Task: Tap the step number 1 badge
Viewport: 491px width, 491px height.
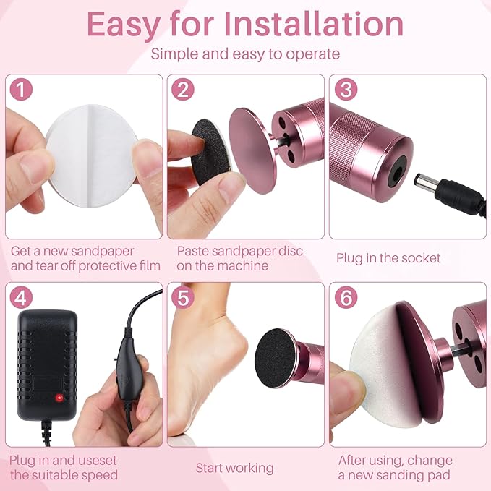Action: coord(24,90)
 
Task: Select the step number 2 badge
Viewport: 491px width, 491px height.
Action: coord(185,90)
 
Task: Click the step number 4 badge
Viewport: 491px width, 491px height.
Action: coord(24,298)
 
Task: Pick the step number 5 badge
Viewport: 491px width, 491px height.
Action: coord(185,298)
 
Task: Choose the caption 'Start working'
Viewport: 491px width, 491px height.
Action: coord(234,469)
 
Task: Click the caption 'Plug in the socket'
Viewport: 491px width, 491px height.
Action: coord(388,258)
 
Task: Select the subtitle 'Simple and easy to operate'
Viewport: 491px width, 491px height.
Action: coord(245,54)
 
